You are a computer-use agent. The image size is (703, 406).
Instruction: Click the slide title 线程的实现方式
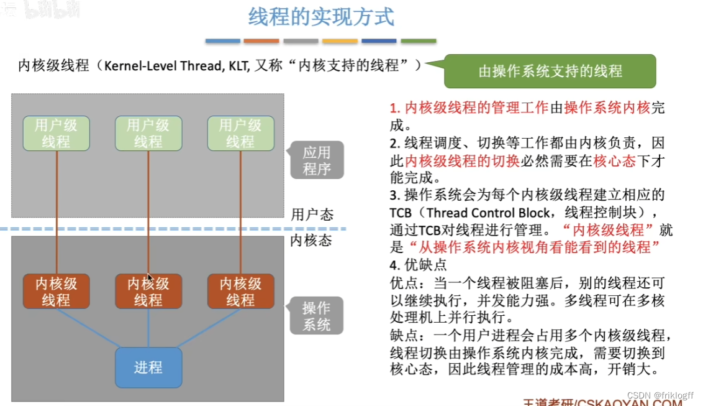click(x=321, y=17)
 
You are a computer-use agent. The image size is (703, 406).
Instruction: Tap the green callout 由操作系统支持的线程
click(x=550, y=71)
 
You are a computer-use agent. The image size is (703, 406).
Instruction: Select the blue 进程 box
click(x=148, y=367)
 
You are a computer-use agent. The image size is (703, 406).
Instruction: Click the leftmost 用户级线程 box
click(x=56, y=134)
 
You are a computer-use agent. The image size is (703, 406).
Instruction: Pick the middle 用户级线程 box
click(x=148, y=134)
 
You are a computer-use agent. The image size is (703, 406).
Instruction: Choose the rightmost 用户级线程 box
click(x=240, y=134)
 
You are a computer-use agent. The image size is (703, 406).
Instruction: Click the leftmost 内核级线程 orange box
click(x=56, y=292)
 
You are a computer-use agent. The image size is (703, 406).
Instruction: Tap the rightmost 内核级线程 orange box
click(x=240, y=292)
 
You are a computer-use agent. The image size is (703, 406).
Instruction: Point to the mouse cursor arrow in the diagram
click(x=150, y=278)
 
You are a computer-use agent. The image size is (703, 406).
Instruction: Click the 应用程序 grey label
click(x=317, y=160)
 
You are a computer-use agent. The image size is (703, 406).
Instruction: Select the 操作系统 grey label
click(x=317, y=316)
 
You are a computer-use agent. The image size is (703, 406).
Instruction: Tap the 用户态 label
click(x=312, y=215)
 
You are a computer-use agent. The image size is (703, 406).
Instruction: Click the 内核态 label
click(x=311, y=241)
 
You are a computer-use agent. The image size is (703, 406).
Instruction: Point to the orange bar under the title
click(x=261, y=41)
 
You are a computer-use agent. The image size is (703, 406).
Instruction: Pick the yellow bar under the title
click(x=340, y=41)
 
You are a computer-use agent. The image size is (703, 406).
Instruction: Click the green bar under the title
click(x=418, y=41)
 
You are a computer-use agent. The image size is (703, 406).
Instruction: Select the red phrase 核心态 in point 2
click(x=615, y=160)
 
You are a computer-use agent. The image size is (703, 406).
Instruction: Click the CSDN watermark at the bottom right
click(x=660, y=395)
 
